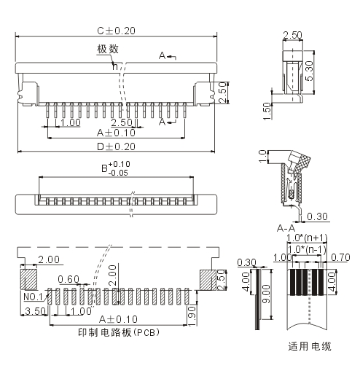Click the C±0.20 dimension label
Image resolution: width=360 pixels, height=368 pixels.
[116, 31]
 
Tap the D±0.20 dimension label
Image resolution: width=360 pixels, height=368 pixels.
[116, 146]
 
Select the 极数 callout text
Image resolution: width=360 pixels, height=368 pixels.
[108, 49]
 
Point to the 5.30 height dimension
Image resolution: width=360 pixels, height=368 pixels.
[309, 71]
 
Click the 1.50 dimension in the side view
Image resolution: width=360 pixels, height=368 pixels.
[267, 111]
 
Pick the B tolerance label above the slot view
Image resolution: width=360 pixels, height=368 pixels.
[116, 168]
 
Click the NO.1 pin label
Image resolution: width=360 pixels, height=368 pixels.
[33, 297]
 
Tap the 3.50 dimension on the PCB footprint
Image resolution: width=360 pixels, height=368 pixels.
[36, 311]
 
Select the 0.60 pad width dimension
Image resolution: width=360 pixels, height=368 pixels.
[69, 279]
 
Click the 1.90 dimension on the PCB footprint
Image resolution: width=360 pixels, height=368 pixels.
[192, 316]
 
